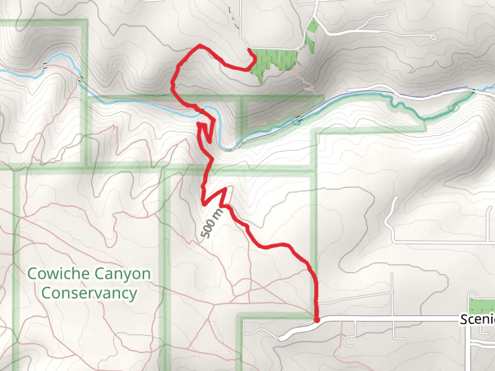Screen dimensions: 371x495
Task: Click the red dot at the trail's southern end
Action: pyautogui.click(x=317, y=320)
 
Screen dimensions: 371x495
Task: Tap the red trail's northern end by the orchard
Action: pyautogui.click(x=249, y=49)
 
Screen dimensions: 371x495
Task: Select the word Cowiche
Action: pyautogui.click(x=60, y=273)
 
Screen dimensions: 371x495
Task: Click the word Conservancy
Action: pyautogui.click(x=90, y=292)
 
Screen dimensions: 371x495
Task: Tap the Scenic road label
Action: pyautogui.click(x=478, y=320)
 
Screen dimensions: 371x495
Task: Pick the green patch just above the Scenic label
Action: pyautogui.click(x=482, y=305)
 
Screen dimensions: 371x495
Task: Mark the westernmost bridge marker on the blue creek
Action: pyautogui.click(x=45, y=66)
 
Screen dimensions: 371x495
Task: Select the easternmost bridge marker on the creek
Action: pyautogui.click(x=473, y=92)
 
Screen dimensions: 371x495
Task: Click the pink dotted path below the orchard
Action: pyautogui.click(x=303, y=80)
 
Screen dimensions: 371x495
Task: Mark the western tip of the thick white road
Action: pyautogui.click(x=282, y=338)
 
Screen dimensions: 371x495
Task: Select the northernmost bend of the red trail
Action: pyautogui.click(x=198, y=46)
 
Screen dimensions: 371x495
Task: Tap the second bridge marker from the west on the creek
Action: pyautogui.click(x=81, y=79)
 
